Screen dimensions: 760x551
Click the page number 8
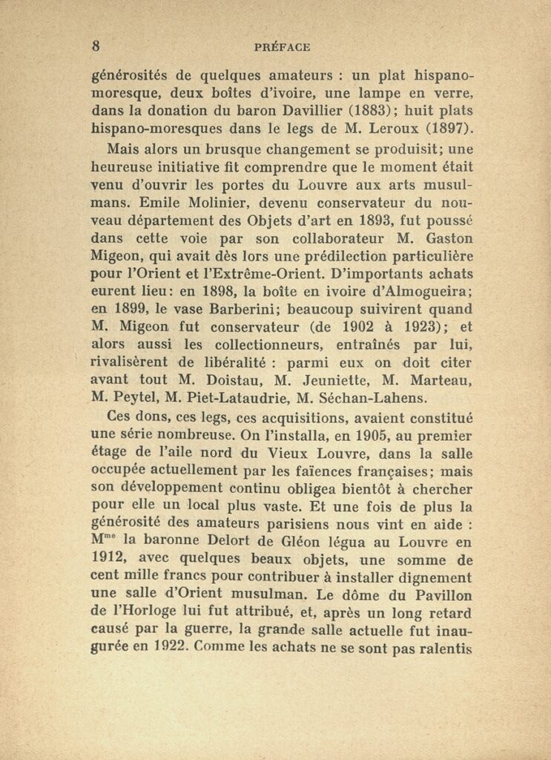coord(96,45)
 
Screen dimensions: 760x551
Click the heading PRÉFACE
coord(282,47)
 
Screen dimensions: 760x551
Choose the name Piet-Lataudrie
coord(242,397)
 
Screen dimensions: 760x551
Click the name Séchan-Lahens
coord(376,397)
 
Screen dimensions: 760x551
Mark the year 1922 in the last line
coord(168,648)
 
